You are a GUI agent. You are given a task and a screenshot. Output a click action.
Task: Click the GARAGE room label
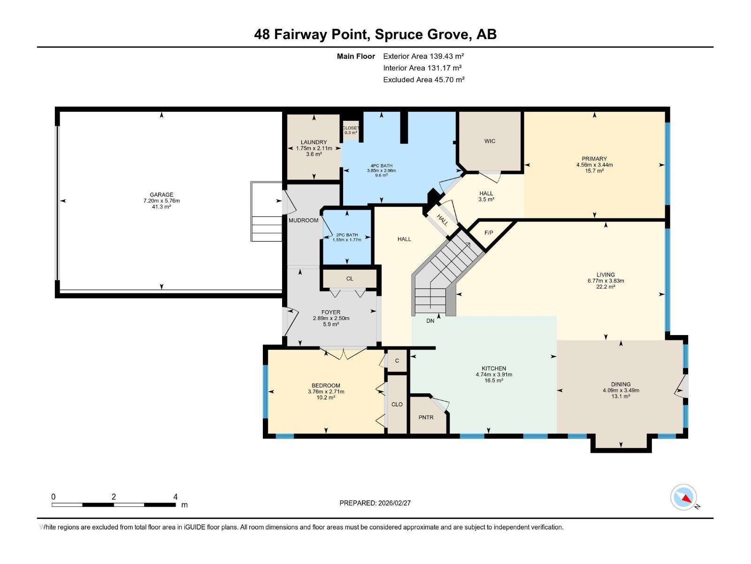161,195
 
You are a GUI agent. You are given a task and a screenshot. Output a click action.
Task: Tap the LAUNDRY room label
314,142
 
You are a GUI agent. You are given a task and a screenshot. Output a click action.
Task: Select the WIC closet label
490,141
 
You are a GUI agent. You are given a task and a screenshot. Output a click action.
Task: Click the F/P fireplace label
489,233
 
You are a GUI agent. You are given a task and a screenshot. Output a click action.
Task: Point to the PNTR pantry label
426,417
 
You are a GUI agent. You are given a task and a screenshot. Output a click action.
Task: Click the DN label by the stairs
430,321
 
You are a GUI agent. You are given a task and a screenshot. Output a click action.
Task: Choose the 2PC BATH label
347,235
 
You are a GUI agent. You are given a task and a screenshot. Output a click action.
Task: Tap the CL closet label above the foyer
350,279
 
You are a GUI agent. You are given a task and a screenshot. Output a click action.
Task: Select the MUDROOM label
303,220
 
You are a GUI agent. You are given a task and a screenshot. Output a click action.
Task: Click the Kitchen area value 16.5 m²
494,381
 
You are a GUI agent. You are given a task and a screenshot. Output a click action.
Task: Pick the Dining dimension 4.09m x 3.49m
621,390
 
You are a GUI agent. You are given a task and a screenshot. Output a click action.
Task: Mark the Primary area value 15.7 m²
594,171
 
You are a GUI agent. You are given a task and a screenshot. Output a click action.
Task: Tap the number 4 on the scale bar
175,497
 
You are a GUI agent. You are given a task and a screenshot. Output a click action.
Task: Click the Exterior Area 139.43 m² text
423,56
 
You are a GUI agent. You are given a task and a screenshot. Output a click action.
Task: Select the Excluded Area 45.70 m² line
423,79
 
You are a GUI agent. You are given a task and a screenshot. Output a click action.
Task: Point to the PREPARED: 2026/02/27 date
375,503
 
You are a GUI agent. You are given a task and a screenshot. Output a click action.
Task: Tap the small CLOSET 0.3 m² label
350,130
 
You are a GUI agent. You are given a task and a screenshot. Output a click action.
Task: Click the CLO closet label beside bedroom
397,404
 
